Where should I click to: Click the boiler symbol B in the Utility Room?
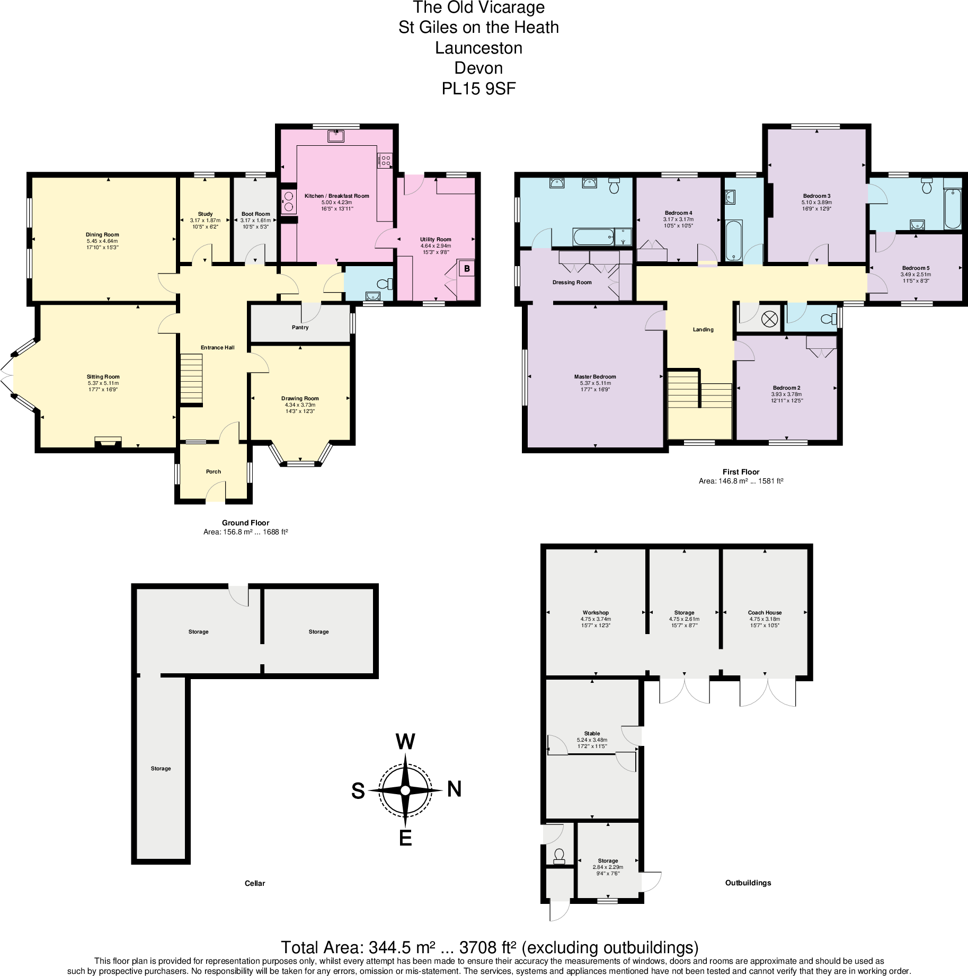[467, 269]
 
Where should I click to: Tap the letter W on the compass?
[405, 742]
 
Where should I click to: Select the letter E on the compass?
[405, 838]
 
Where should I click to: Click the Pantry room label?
[300, 328]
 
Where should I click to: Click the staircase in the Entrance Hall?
[191, 379]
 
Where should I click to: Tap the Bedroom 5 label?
[916, 268]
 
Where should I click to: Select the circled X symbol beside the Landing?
[769, 319]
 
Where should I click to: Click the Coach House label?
[765, 612]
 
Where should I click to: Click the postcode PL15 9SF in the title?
[478, 89]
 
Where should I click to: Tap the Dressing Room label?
[572, 283]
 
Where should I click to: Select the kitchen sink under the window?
[336, 136]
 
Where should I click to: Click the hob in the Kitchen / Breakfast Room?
[385, 160]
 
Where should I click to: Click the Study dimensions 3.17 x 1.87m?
[205, 221]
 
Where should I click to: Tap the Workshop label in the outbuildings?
[596, 612]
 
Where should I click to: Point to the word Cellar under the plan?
[255, 883]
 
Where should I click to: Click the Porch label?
[214, 471]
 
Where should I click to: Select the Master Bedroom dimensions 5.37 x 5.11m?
[595, 383]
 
